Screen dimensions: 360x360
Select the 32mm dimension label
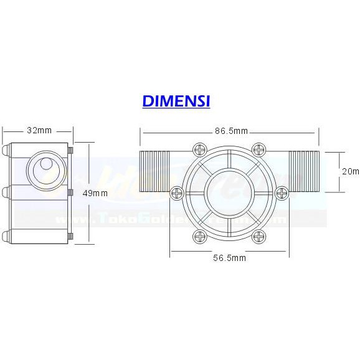[x=39, y=131]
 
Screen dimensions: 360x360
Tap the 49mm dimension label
[x=95, y=192]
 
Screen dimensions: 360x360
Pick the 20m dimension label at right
[x=351, y=171]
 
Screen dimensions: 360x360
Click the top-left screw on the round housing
[x=200, y=149]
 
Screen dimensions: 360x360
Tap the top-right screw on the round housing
[x=258, y=149]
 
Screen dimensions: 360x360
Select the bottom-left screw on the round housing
[x=200, y=236]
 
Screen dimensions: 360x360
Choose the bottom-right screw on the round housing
[x=258, y=236]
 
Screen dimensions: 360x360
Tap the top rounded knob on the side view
[x=6, y=150]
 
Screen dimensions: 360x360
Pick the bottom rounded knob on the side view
[x=6, y=236]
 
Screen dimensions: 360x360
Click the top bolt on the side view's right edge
[x=71, y=150]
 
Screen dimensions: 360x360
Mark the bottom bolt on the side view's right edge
[x=71, y=236]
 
